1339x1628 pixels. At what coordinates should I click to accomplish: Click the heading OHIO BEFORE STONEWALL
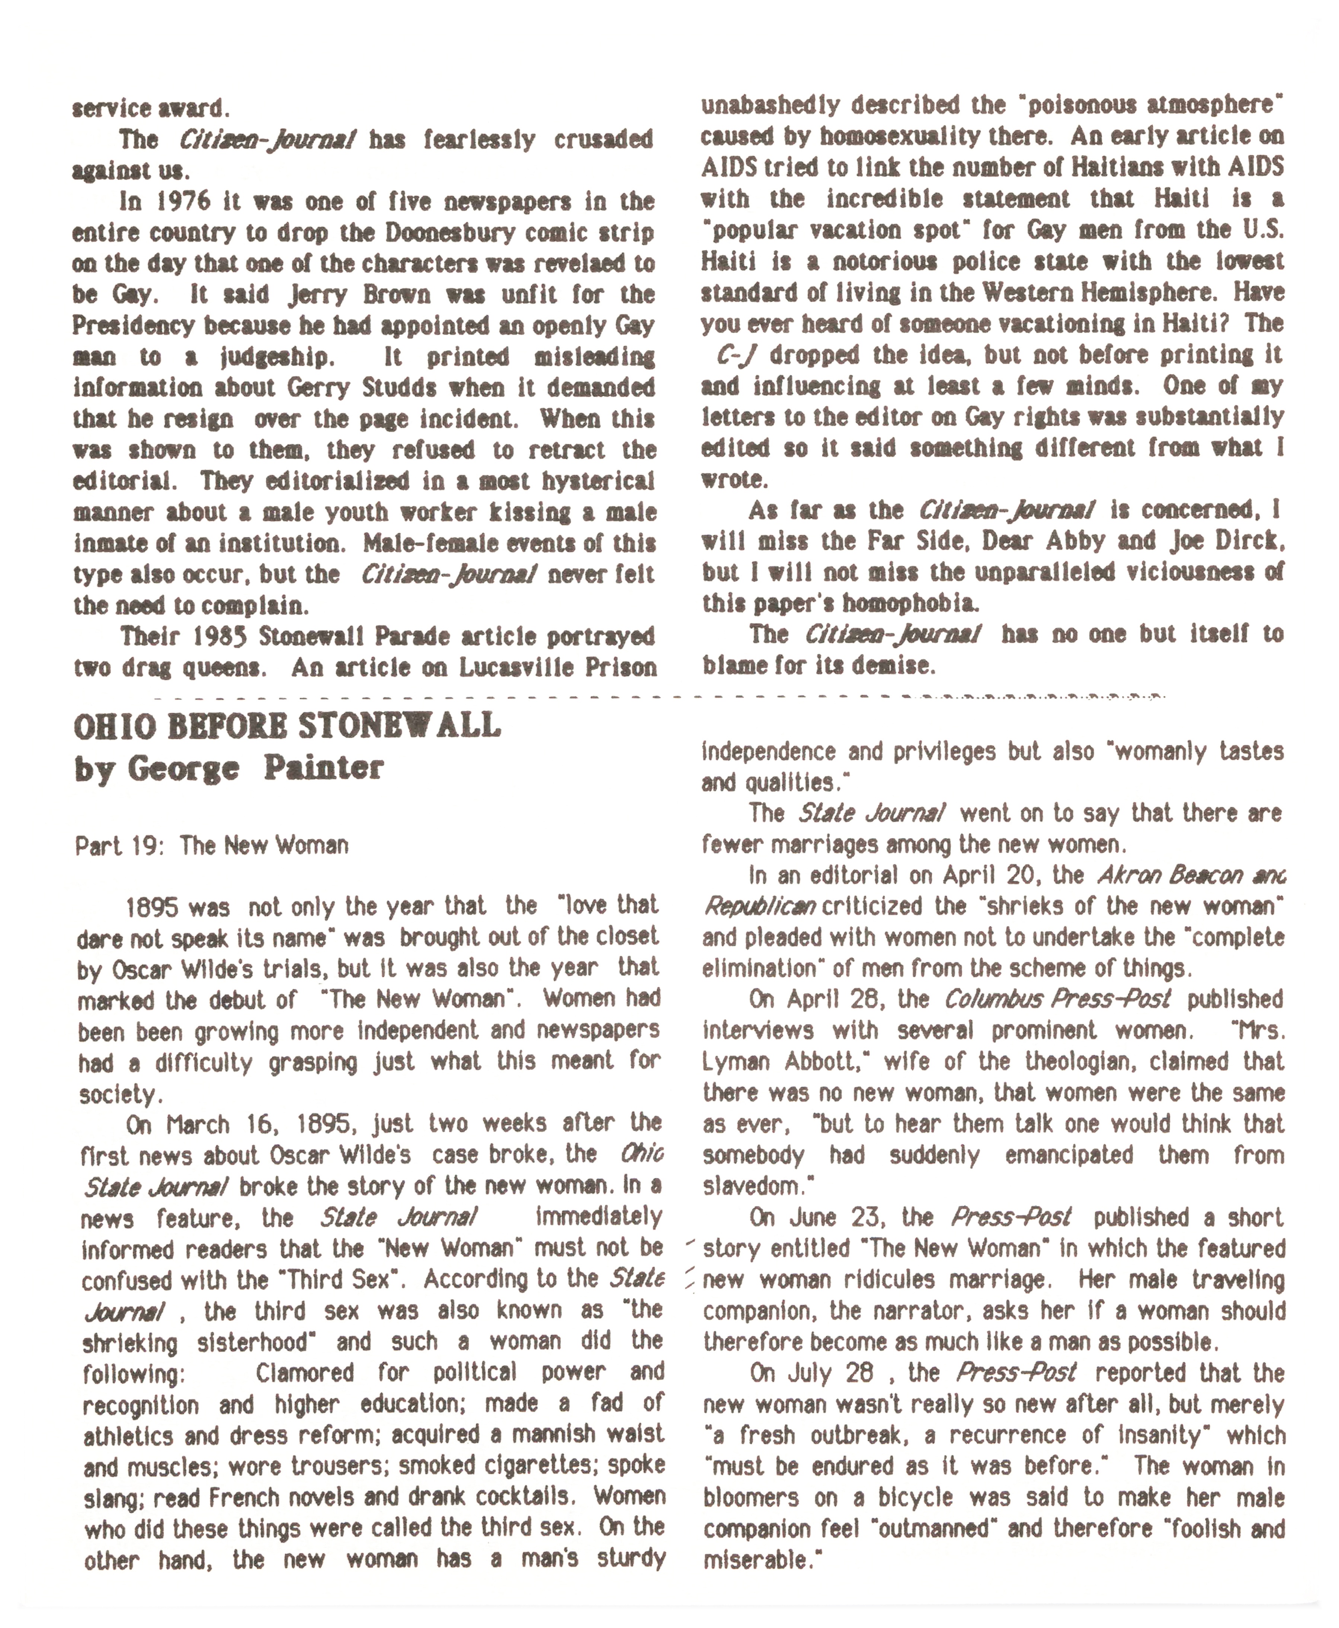(287, 726)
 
